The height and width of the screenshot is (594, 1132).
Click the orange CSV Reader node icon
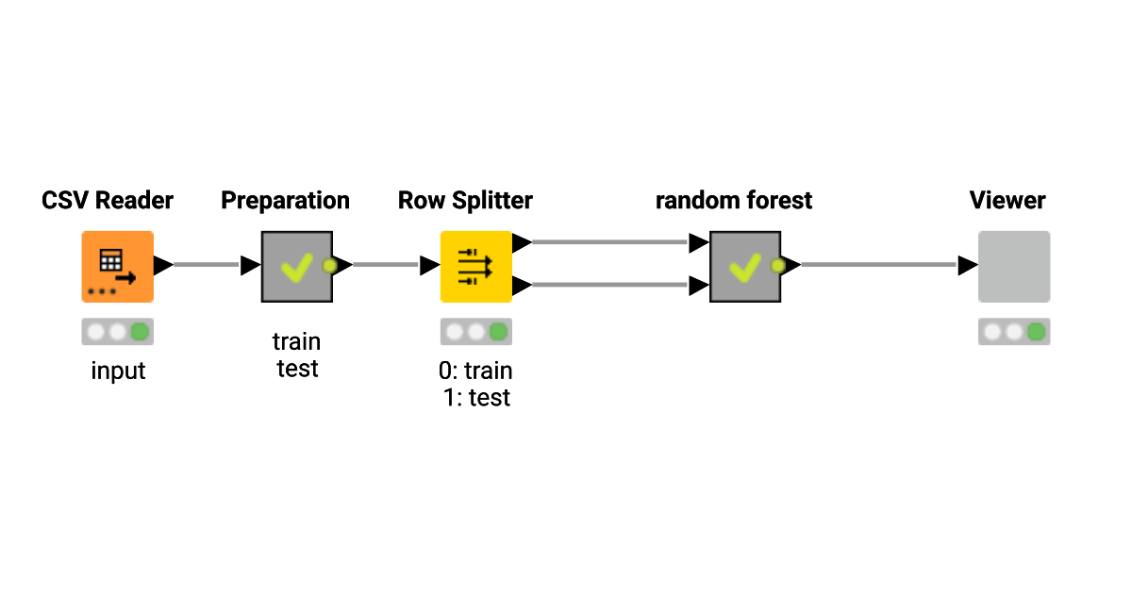tap(117, 267)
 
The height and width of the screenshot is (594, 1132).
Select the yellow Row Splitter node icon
tap(475, 267)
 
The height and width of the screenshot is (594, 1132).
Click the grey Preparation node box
tap(296, 267)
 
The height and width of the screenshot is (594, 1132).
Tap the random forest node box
tap(744, 267)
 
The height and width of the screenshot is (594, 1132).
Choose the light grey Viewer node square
tap(1013, 267)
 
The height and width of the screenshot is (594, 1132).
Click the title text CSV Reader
tap(108, 201)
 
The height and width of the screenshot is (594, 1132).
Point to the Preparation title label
tap(285, 201)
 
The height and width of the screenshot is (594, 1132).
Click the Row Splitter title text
tap(465, 201)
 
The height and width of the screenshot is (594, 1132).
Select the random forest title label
tap(734, 201)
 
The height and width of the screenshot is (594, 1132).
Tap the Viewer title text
tap(1007, 201)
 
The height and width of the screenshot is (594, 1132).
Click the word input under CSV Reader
tap(118, 371)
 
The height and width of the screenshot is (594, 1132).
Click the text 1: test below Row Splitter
tap(476, 397)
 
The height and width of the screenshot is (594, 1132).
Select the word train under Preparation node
tap(296, 341)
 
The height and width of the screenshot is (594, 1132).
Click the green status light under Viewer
tap(1036, 332)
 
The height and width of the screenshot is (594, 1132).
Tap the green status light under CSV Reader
tap(140, 332)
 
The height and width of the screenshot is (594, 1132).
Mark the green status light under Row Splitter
tap(498, 332)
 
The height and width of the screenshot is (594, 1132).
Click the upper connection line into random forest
tap(608, 242)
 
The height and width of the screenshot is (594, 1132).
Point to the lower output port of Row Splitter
tap(521, 284)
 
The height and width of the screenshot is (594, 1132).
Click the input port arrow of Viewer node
tap(967, 266)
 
